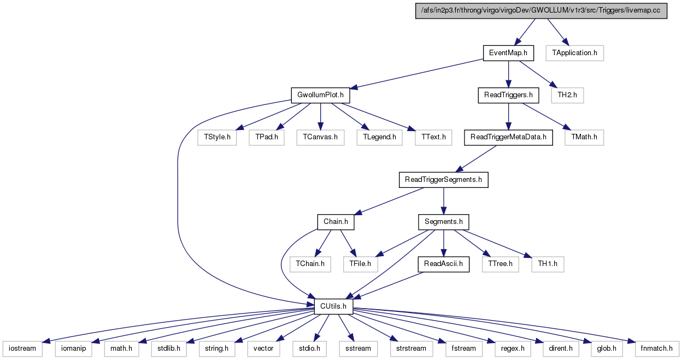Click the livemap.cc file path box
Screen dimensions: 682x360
pyautogui.click(x=541, y=10)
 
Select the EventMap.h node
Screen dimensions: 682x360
pyautogui.click(x=508, y=53)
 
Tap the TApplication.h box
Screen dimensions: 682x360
pyautogui.click(x=574, y=53)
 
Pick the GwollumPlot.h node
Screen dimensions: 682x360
pyautogui.click(x=320, y=95)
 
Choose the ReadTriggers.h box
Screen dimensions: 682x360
pyautogui.click(x=508, y=95)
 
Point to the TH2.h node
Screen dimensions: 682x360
pyautogui.click(x=567, y=95)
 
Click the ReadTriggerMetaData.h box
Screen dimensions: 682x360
pyautogui.click(x=508, y=138)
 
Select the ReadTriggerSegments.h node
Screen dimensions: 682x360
pyautogui.click(x=443, y=180)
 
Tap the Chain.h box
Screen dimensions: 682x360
pyautogui.click(x=336, y=222)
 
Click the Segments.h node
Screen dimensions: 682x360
pyautogui.click(x=443, y=222)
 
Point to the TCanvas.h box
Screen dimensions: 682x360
pyautogui.click(x=320, y=138)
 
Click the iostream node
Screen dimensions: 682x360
pyautogui.click(x=22, y=349)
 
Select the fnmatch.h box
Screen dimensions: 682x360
pyautogui.click(x=657, y=349)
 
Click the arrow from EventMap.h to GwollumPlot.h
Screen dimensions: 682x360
pyautogui.click(x=416, y=74)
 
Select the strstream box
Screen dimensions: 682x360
pyautogui.click(x=411, y=349)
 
